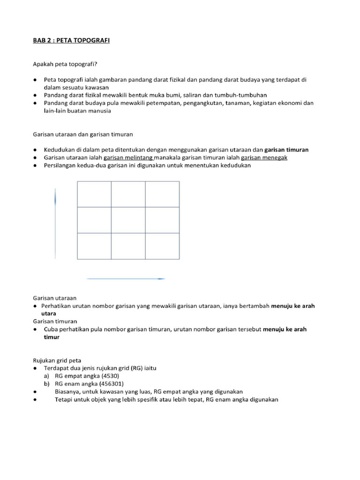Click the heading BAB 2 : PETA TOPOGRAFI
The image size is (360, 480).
click(71, 41)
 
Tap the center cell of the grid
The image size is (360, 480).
click(128, 220)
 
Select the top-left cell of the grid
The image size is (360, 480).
click(94, 194)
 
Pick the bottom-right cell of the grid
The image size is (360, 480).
click(162, 246)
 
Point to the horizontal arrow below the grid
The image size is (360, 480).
click(126, 279)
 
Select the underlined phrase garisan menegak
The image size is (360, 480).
click(264, 157)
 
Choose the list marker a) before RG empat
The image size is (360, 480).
click(47, 376)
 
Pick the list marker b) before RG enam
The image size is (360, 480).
click(47, 383)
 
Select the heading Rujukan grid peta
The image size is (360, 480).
click(57, 360)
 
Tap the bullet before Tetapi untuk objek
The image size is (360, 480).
click(36, 399)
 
